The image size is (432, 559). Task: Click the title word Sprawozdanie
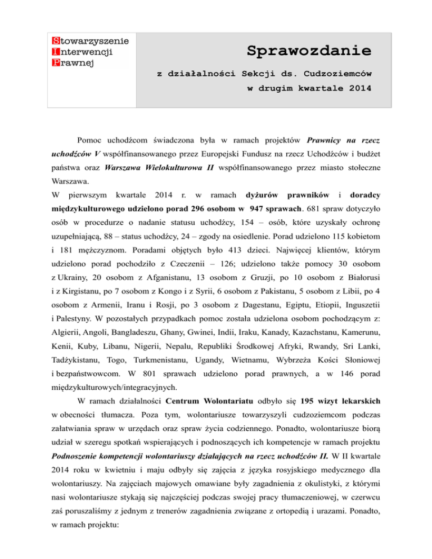tap(309, 51)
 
